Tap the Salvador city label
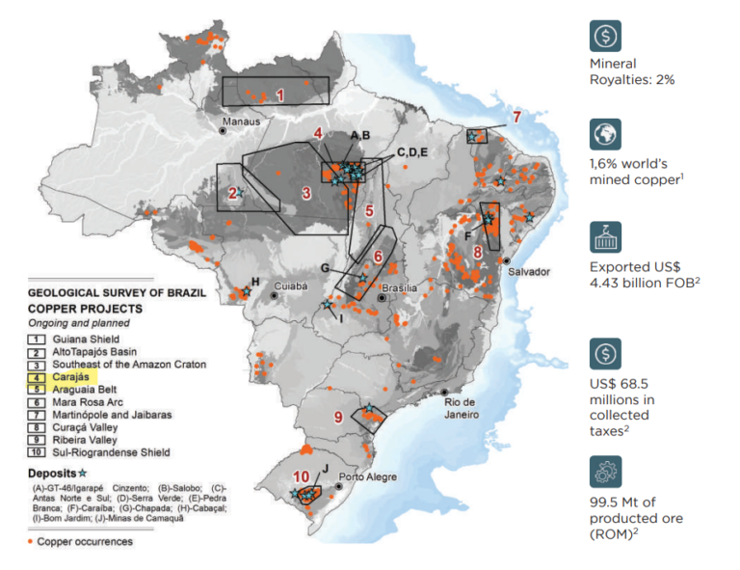tap(528, 272)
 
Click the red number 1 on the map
tap(279, 95)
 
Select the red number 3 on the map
tap(305, 192)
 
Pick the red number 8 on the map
tap(478, 253)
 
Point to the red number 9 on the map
tap(338, 417)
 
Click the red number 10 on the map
tap(301, 475)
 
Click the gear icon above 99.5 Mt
tap(605, 473)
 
